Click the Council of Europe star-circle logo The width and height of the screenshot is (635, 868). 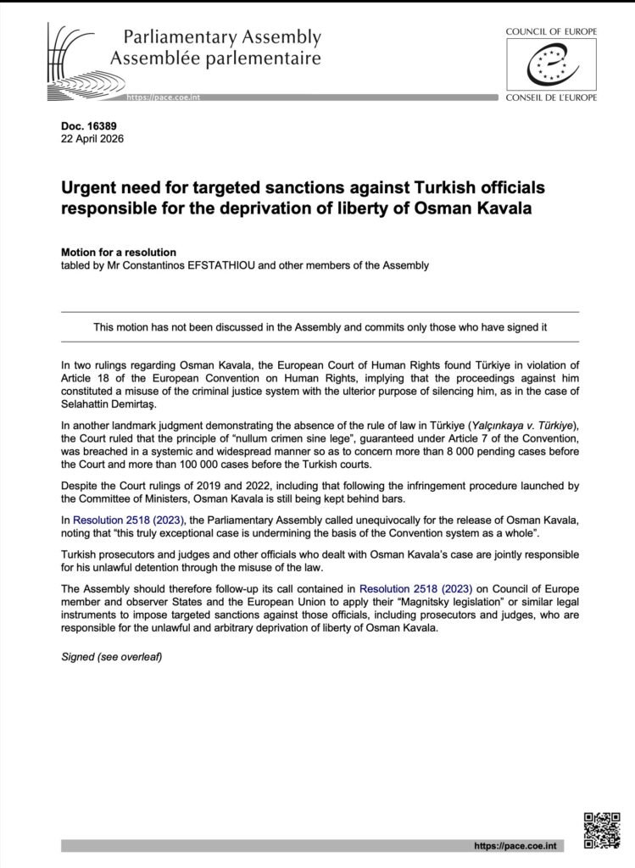(551, 64)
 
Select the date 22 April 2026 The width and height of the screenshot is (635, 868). (92, 140)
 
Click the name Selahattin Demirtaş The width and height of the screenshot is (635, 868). (114, 405)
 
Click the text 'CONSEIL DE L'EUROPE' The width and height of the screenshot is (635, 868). (551, 97)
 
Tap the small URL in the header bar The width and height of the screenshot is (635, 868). (163, 99)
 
